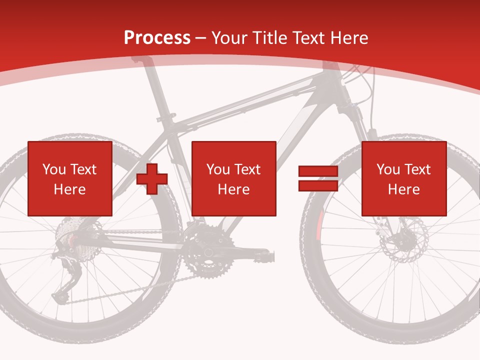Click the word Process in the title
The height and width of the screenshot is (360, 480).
[x=157, y=37]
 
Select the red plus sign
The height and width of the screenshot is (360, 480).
[x=152, y=179]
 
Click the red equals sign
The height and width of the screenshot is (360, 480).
[x=318, y=179]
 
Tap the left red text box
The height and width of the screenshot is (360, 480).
[x=70, y=178]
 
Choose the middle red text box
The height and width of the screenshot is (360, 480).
[x=233, y=178]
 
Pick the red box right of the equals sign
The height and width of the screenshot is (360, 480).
[x=403, y=178]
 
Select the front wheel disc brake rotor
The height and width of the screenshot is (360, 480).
[x=403, y=240]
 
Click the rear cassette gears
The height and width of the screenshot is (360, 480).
[x=67, y=235]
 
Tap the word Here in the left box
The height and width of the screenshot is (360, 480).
[x=69, y=189]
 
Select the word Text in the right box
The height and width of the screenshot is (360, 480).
[x=417, y=169]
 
